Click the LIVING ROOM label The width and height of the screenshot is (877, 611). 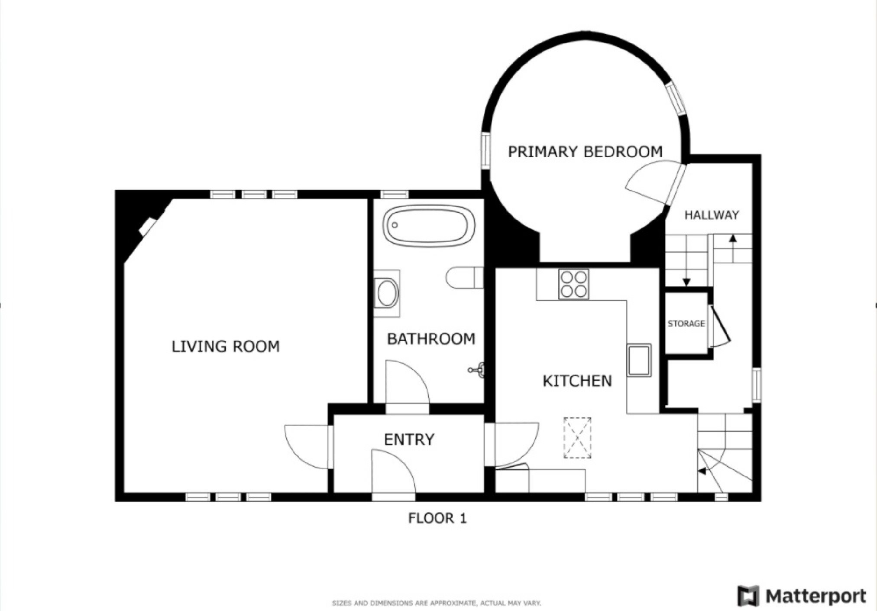(x=226, y=346)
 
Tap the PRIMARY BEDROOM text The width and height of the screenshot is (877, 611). (x=585, y=152)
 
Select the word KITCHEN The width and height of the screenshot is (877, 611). (x=577, y=381)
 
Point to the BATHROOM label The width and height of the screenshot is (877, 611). (x=431, y=339)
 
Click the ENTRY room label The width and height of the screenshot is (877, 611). (x=409, y=439)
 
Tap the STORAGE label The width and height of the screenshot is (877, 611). (x=686, y=324)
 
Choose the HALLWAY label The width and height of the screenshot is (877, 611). (x=712, y=215)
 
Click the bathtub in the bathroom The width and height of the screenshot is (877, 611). (x=429, y=226)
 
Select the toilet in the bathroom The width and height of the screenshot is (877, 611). (x=464, y=277)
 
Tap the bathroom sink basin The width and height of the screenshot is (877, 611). (x=387, y=293)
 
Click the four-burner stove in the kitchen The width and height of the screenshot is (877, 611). (x=573, y=284)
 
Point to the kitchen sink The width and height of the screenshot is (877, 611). (x=639, y=360)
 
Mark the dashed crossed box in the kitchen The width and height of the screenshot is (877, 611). (x=577, y=438)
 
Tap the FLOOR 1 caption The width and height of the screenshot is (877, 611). (x=437, y=518)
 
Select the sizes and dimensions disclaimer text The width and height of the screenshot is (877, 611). (x=437, y=603)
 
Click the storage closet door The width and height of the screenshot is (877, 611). (x=719, y=325)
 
